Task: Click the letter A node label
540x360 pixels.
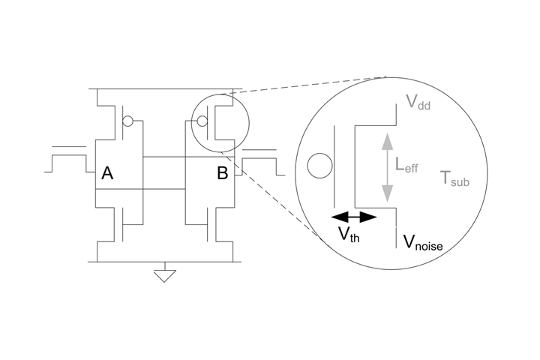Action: point(107,174)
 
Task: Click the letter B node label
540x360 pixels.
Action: point(222,174)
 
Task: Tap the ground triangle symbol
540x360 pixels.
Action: point(163,276)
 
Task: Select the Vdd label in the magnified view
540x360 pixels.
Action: point(418,102)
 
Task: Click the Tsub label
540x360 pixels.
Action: point(454,178)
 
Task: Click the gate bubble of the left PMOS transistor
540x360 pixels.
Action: point(128,121)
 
